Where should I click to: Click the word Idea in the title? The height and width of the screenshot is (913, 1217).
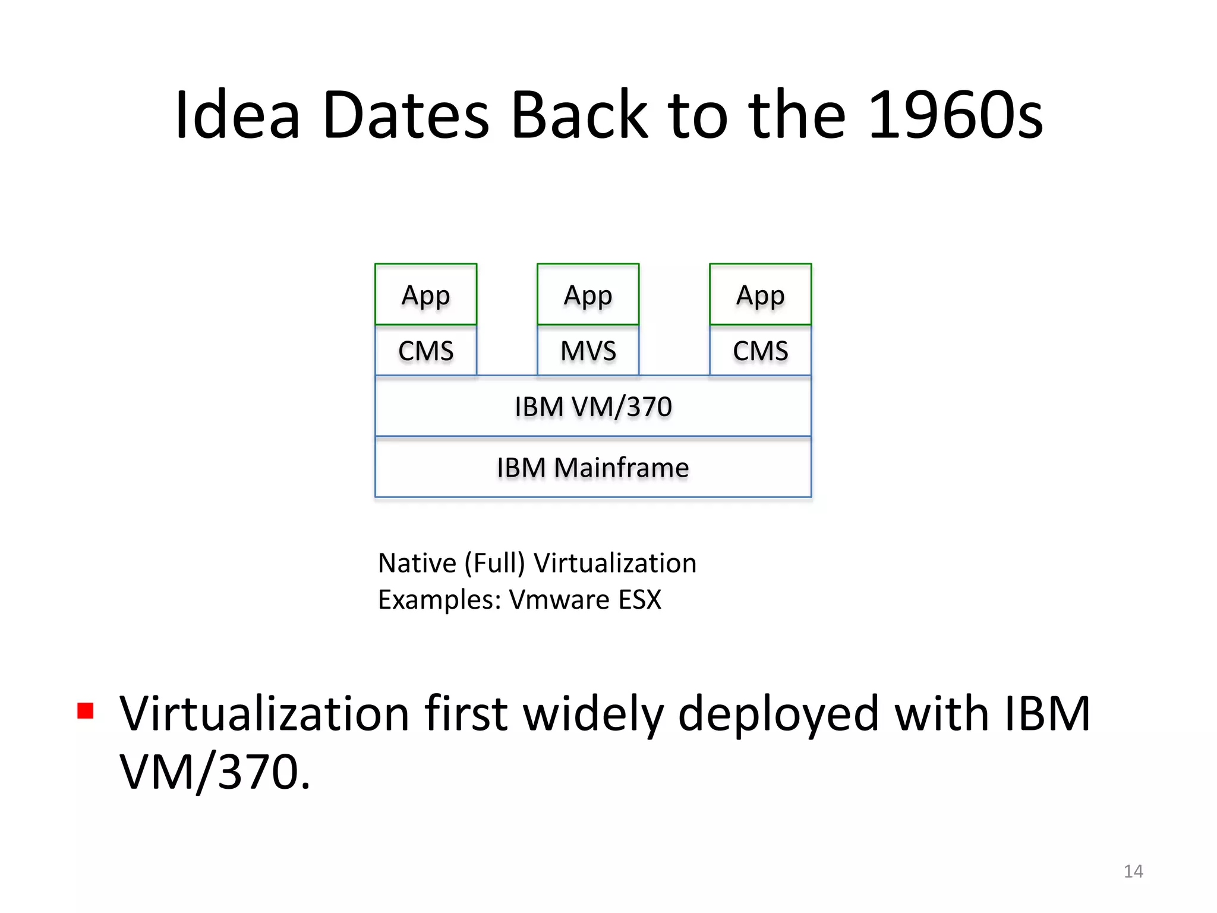click(238, 114)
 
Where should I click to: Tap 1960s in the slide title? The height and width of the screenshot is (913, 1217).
click(955, 114)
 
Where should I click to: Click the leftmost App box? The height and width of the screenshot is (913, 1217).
click(425, 295)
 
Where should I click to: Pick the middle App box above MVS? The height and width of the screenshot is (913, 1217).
click(588, 295)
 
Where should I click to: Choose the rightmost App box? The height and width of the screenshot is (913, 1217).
click(760, 295)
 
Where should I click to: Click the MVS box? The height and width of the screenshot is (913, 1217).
click(588, 351)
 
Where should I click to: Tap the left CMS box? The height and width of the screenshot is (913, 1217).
click(425, 351)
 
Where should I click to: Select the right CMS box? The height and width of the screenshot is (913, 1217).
click(760, 351)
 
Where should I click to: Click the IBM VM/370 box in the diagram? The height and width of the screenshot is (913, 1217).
click(593, 407)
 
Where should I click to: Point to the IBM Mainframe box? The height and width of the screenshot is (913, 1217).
click(593, 468)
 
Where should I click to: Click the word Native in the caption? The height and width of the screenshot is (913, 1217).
click(417, 563)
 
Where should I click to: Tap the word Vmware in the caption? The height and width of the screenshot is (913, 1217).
click(559, 599)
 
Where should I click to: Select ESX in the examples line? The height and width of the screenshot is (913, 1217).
click(639, 599)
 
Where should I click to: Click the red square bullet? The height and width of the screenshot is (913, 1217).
click(86, 711)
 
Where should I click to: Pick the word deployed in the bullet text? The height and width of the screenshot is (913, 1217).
click(778, 713)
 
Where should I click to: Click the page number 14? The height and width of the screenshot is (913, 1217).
click(1133, 871)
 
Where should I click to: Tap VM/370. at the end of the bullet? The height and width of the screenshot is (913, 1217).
click(215, 772)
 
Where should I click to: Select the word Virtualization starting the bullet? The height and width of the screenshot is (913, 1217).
click(264, 713)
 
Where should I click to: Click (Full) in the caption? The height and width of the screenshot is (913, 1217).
click(494, 563)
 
